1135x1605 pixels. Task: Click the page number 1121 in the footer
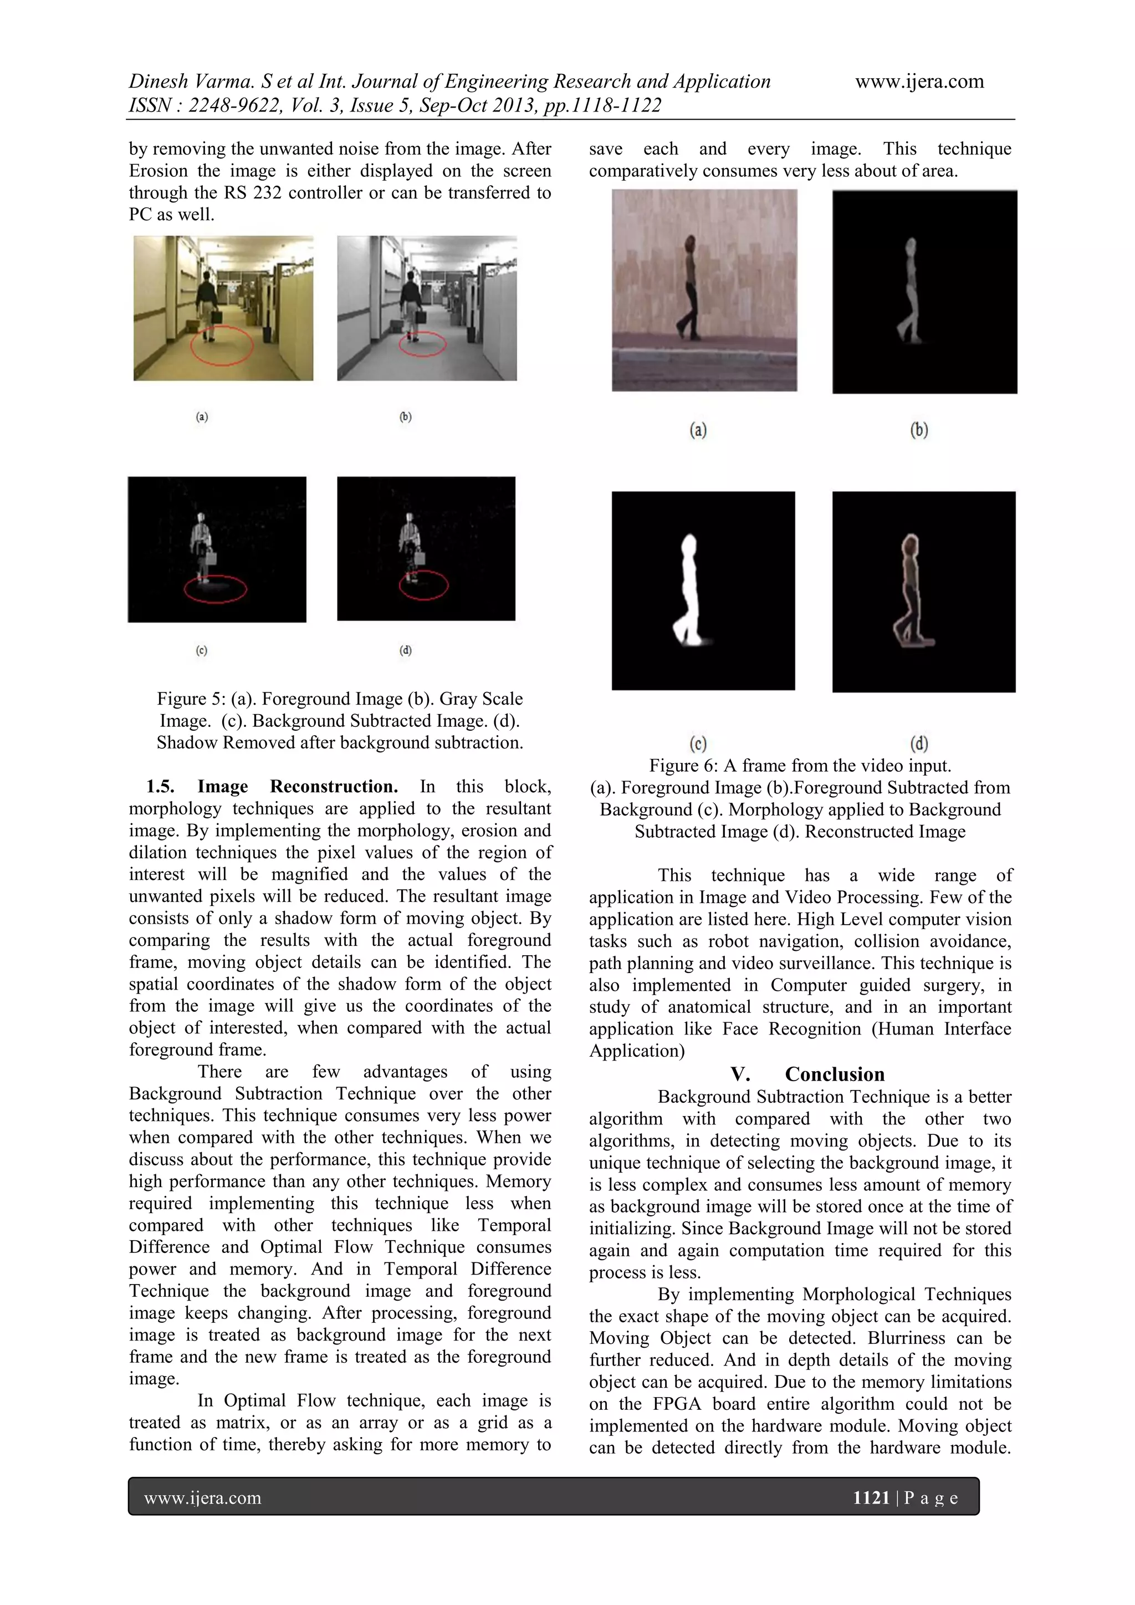871,1497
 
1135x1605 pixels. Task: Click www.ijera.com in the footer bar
203,1498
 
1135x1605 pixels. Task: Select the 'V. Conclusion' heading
807,1074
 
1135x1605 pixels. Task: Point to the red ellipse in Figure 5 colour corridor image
222,346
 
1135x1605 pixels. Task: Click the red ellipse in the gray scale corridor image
422,344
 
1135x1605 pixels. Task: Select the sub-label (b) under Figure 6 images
919,430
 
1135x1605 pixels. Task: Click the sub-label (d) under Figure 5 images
405,650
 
